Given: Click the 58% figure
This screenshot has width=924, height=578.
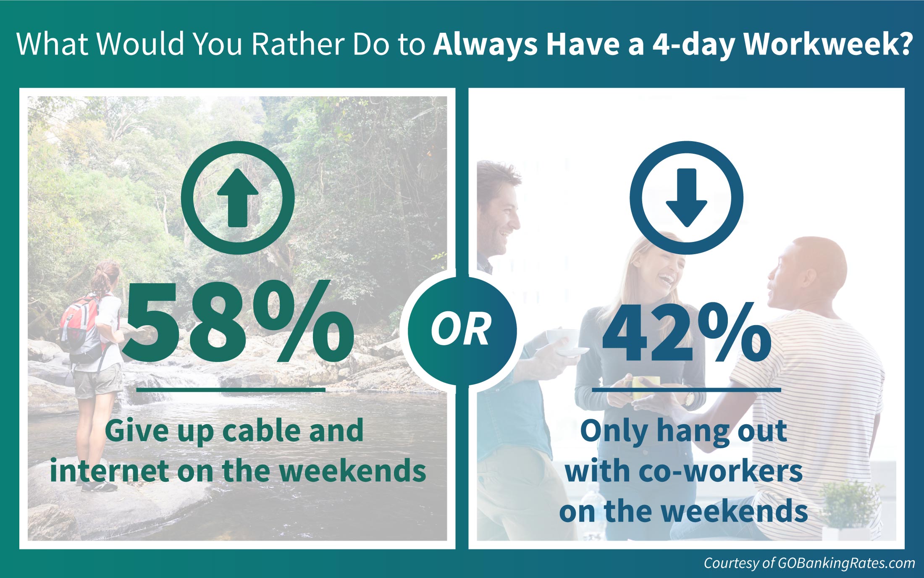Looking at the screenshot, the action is pos(237,321).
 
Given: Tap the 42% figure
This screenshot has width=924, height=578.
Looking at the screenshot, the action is pos(686,331).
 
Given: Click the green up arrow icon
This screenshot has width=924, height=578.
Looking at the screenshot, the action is pos(238,197).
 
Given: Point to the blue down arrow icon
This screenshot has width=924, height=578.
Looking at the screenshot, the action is pos(687,197).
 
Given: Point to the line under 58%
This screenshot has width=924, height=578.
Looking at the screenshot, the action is pos(231,390).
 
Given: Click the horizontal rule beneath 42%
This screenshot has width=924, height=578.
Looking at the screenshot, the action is pos(686,390).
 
